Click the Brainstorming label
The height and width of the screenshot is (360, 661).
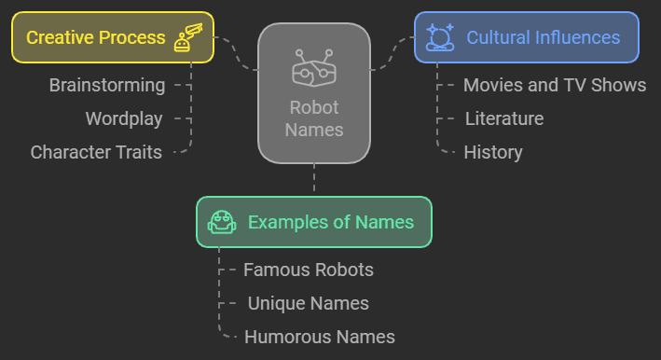coord(107,86)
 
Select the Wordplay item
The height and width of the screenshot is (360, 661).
coord(124,119)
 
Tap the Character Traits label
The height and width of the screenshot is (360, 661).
coord(96,152)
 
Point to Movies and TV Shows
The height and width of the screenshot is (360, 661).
coord(555,86)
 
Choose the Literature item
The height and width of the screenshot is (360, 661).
coord(503,119)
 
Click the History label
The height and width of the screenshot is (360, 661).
coord(493,152)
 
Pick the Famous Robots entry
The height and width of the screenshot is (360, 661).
coord(309,270)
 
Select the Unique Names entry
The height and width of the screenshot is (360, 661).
coord(309,304)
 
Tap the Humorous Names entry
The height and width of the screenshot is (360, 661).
coord(320,338)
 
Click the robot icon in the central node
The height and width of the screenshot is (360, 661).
coord(314,68)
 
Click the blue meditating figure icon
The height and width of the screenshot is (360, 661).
coord(439,37)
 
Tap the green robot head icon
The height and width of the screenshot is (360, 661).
coord(222,222)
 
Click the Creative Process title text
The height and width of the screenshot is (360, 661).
coord(95,38)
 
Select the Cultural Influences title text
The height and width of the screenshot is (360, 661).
coord(544,38)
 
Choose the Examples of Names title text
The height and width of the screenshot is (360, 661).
coord(331,223)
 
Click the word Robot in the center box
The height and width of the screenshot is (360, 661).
coord(314,107)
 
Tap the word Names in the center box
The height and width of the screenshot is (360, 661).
coord(314,130)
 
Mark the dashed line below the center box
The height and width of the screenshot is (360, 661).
coord(314,178)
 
